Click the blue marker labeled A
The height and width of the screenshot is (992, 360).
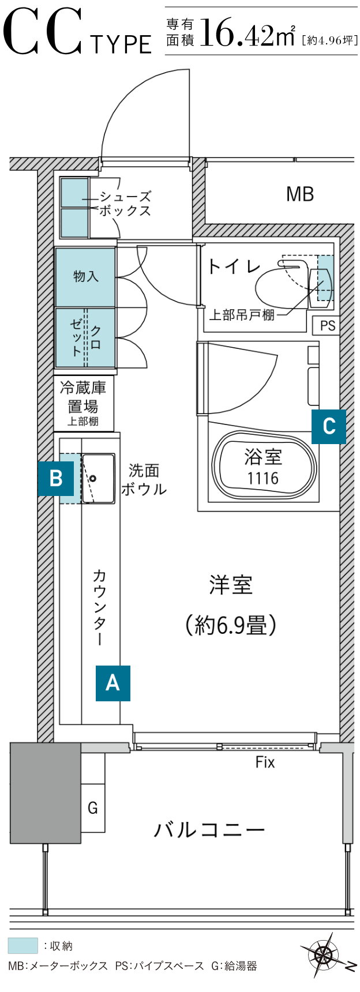click(113, 683)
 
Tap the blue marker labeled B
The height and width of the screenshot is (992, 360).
click(56, 478)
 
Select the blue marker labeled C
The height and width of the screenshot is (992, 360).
click(329, 427)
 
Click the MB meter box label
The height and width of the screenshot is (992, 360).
click(300, 194)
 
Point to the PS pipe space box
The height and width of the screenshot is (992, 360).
click(327, 326)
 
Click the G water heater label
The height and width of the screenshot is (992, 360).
click(93, 808)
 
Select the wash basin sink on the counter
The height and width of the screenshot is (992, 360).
click(98, 478)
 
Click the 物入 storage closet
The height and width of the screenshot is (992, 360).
click(85, 277)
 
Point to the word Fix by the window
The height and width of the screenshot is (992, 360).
click(265, 762)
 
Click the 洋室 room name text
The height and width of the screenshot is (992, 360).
click(231, 585)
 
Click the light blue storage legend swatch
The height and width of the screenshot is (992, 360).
click(22, 946)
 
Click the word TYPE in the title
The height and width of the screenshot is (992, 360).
click(121, 44)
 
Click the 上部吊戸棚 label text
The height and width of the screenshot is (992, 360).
click(241, 315)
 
